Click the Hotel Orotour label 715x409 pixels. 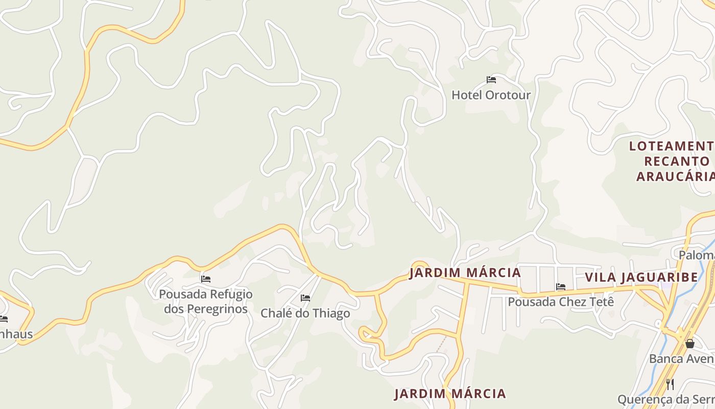[x=491, y=95]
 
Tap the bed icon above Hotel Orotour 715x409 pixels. [x=491, y=80]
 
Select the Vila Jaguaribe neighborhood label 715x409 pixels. [x=641, y=278]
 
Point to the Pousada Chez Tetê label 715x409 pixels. [x=560, y=302]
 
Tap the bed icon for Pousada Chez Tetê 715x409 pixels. [x=561, y=287]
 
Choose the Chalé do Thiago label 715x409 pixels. [x=305, y=313]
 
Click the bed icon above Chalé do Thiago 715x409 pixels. [x=305, y=298]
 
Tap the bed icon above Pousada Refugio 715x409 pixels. [x=206, y=279]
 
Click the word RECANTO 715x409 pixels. [x=677, y=162]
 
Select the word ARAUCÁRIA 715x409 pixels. [x=675, y=177]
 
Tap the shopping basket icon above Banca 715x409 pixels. [x=690, y=344]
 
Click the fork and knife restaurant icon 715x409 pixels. [x=670, y=384]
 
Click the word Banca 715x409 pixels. [x=664, y=359]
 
